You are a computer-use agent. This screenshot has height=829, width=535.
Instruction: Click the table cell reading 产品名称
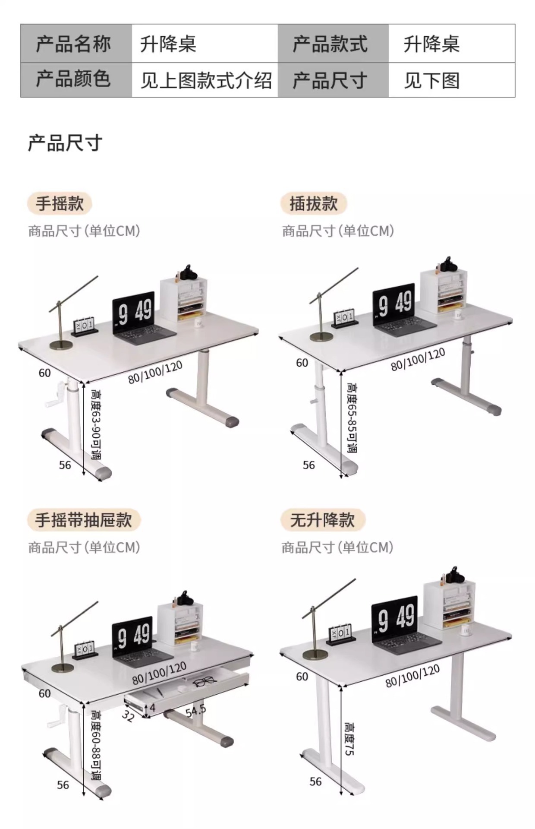click(x=73, y=44)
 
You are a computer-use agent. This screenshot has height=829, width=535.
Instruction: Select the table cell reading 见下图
click(x=431, y=81)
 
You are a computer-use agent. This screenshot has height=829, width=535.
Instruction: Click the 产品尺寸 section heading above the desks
click(x=65, y=143)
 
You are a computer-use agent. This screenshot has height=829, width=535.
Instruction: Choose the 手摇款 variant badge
click(x=60, y=204)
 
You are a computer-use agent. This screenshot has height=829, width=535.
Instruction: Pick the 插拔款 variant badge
click(x=313, y=204)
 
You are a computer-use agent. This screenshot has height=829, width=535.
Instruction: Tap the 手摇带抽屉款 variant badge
click(x=84, y=520)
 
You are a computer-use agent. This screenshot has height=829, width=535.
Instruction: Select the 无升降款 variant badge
click(x=322, y=520)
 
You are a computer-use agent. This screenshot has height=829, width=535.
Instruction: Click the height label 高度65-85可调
click(x=352, y=418)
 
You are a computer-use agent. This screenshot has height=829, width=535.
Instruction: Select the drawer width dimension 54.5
click(x=196, y=710)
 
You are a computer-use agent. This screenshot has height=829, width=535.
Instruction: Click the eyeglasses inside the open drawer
click(x=204, y=682)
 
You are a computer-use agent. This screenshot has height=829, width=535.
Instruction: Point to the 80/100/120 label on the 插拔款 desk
click(x=418, y=360)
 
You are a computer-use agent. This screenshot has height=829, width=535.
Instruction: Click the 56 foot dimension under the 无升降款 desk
click(x=315, y=782)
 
